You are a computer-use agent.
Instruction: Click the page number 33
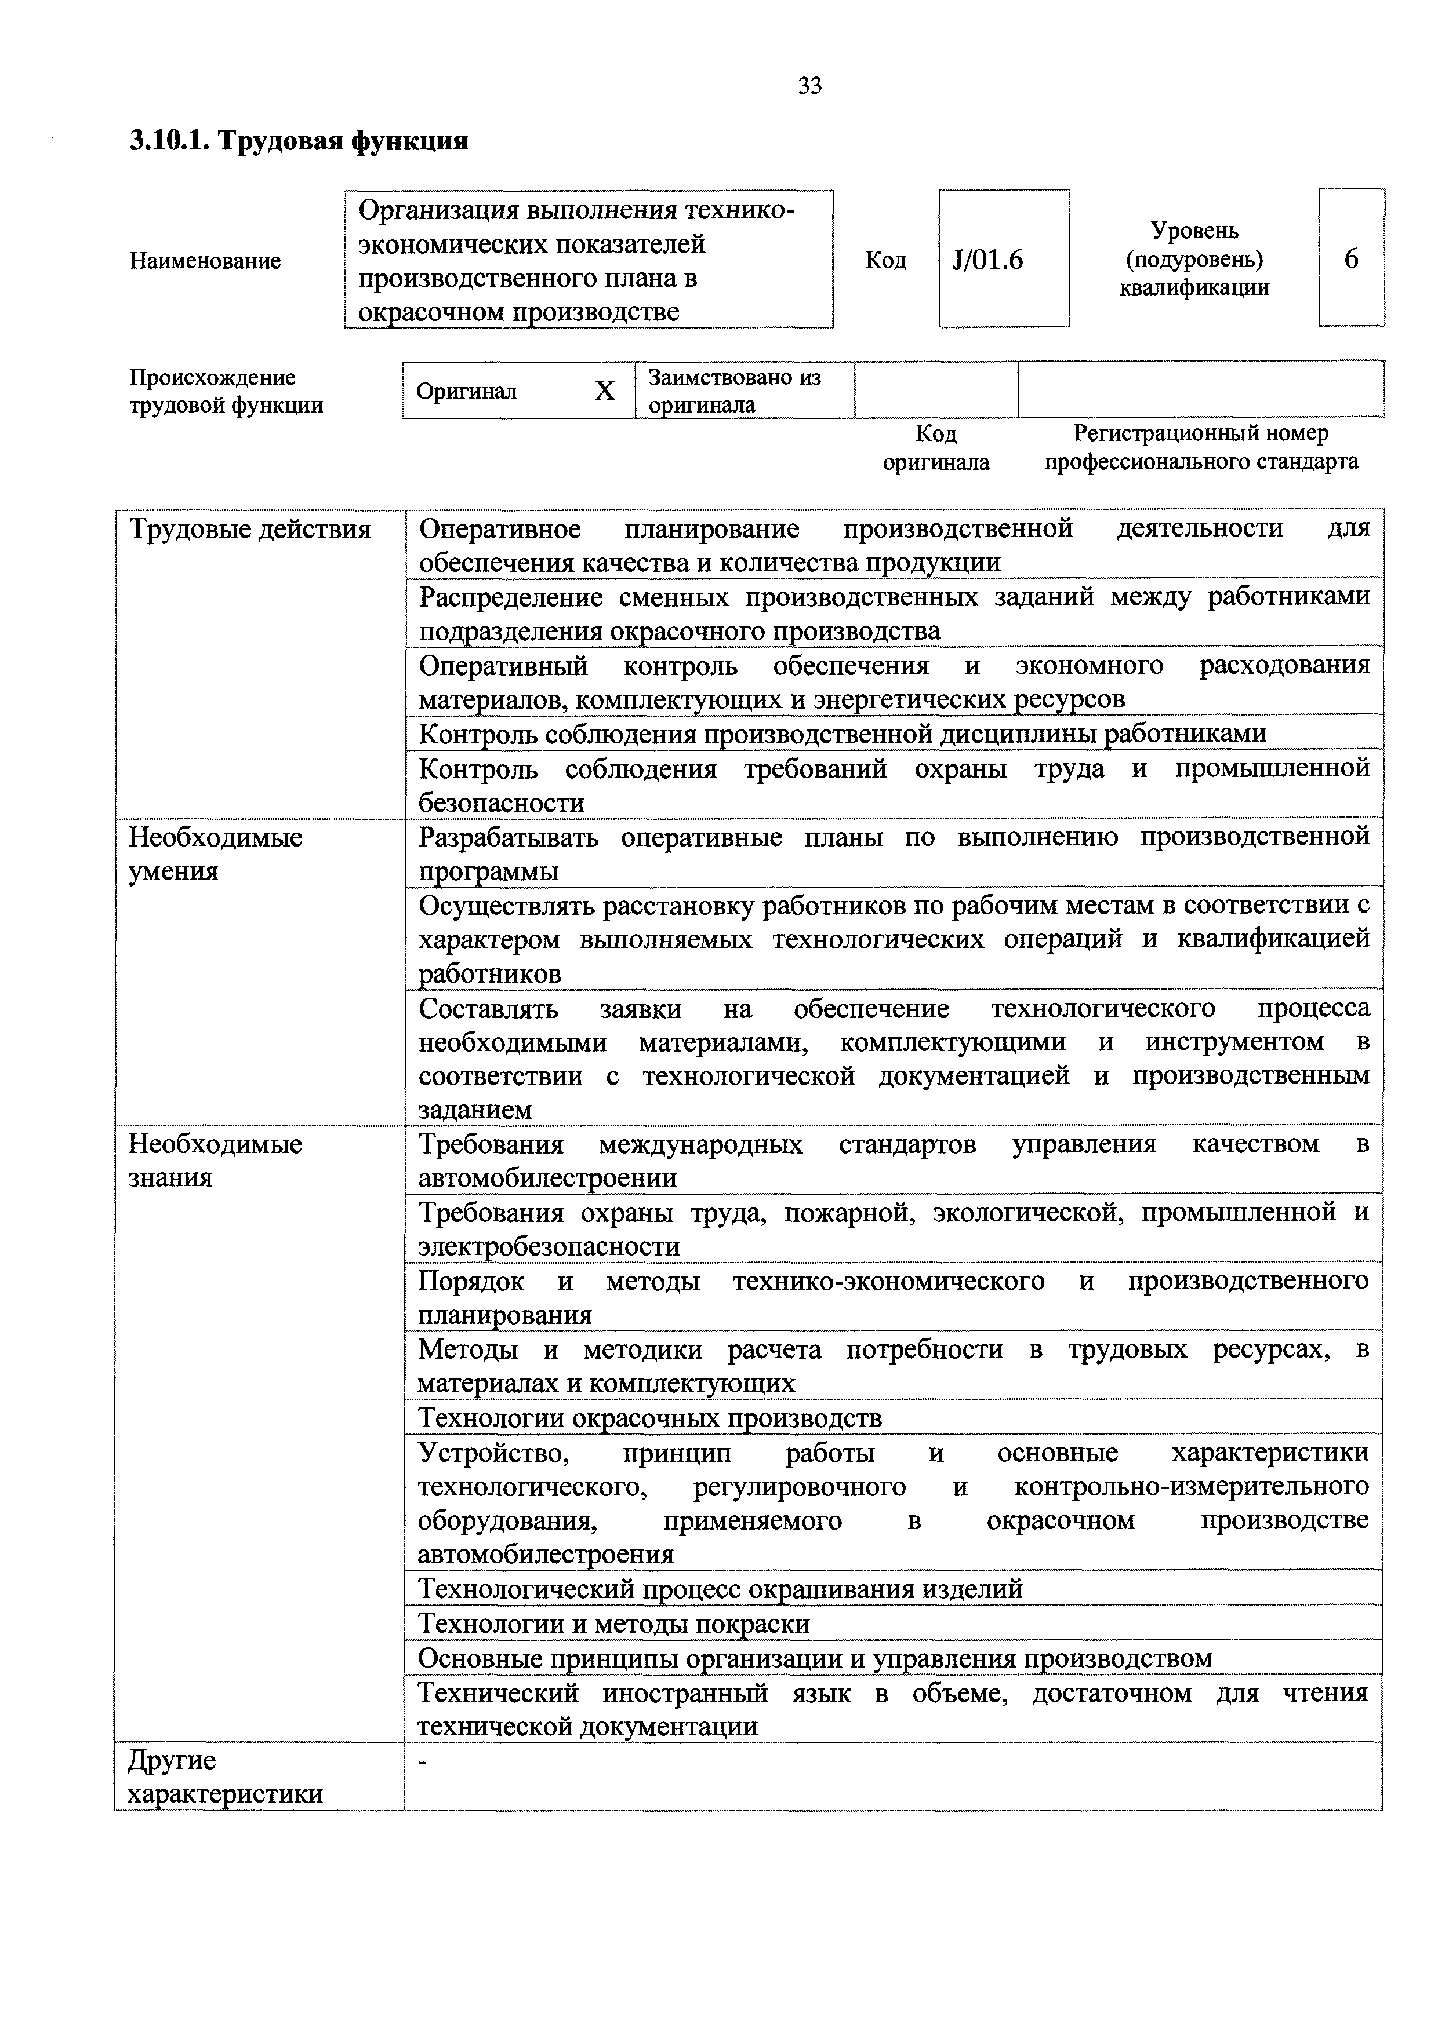point(809,86)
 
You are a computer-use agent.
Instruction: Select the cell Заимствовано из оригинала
point(734,391)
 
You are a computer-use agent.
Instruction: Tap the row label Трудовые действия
point(250,529)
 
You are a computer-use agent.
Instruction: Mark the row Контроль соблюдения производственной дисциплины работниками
point(841,733)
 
